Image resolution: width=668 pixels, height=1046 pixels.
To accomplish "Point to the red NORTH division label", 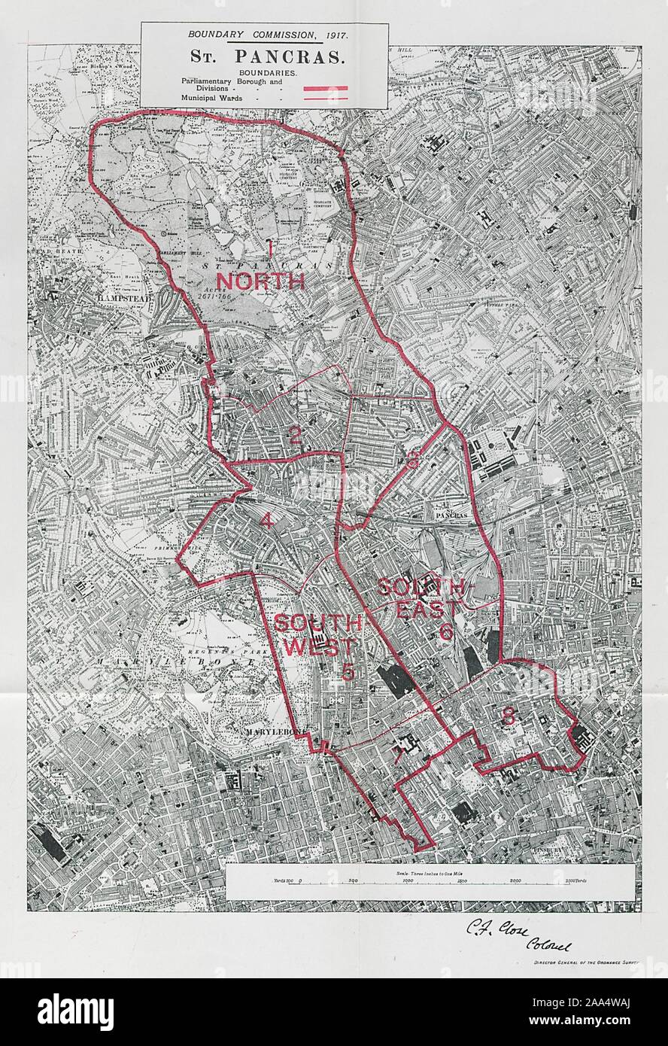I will [260, 281].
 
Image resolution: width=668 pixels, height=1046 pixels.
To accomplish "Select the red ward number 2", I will [295, 434].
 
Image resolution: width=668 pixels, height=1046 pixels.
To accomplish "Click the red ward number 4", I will [266, 520].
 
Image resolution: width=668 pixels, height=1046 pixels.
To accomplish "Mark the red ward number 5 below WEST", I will [348, 671].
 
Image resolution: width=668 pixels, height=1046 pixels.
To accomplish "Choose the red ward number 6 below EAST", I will [445, 632].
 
